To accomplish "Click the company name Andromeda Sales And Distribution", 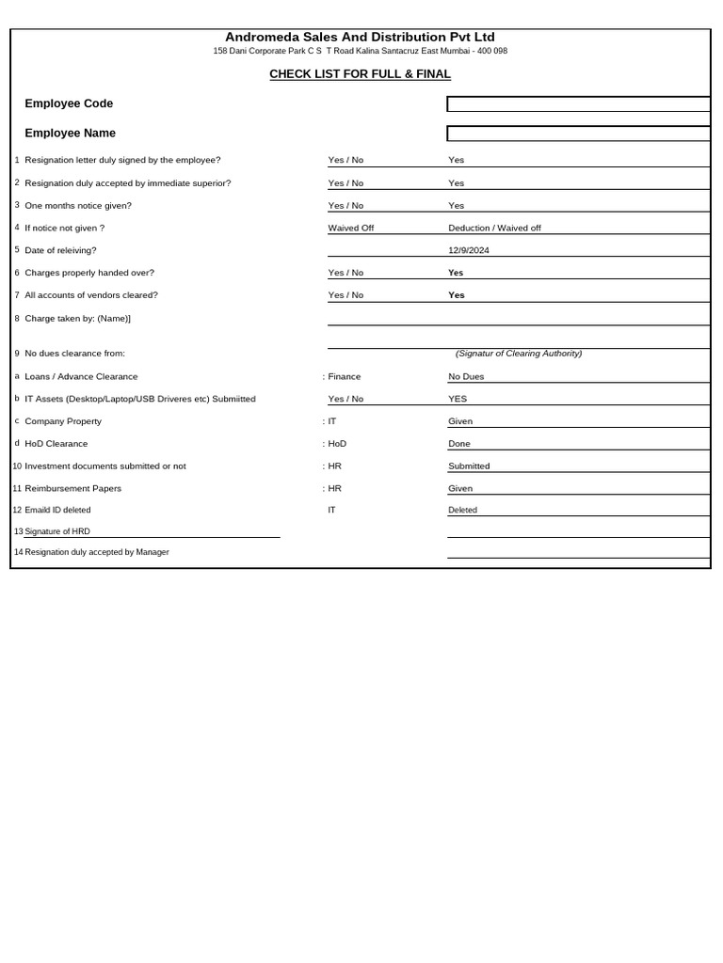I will click(x=360, y=37).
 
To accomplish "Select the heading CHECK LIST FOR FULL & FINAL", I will click(x=360, y=74).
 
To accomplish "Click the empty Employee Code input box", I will click(x=578, y=104).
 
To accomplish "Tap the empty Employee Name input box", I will click(x=578, y=134).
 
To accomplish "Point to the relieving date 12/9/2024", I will click(x=469, y=250).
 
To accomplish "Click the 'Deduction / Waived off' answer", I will click(x=494, y=228).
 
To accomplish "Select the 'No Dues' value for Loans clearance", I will click(x=466, y=376).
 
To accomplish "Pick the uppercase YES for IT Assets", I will click(x=458, y=399).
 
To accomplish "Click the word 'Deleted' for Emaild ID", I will click(x=462, y=510).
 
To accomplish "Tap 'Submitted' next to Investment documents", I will click(x=469, y=466).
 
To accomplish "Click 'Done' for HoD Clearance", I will click(x=459, y=444).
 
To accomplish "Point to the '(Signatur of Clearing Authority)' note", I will click(x=519, y=354).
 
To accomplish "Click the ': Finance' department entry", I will click(x=342, y=376).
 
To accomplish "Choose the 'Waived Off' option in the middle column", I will click(x=350, y=228).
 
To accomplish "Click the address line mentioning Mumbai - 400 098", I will click(x=360, y=51).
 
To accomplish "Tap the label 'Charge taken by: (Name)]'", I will click(x=77, y=318).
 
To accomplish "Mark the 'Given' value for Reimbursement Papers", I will click(x=460, y=488).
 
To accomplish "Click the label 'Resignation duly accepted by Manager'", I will click(x=97, y=552).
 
